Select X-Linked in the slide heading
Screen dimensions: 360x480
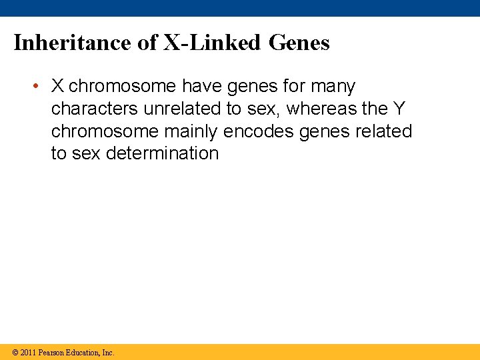tap(213, 43)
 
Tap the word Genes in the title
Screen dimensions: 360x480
tap(299, 43)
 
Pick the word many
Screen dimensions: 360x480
tap(333, 87)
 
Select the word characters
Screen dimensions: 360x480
tap(95, 109)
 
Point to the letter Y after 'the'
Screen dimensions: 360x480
tap(397, 109)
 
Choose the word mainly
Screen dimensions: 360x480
tap(191, 131)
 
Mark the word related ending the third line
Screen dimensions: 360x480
tap(387, 131)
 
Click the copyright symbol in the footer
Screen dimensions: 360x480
tap(15, 352)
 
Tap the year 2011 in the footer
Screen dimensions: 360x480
tap(28, 352)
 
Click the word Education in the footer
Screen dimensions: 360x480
tap(83, 352)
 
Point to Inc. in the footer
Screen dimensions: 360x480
tap(108, 352)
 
